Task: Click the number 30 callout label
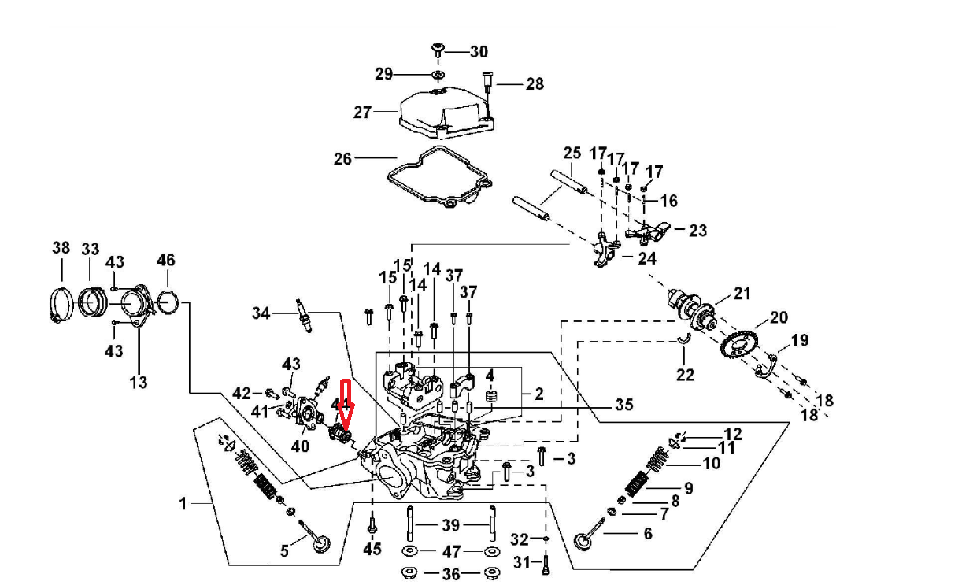pos(479,52)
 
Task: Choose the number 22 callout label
pos(685,375)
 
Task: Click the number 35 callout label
pos(624,405)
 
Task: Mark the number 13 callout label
pos(138,383)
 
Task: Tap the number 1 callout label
pos(183,503)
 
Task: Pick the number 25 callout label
pos(572,153)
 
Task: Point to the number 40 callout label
pos(300,446)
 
